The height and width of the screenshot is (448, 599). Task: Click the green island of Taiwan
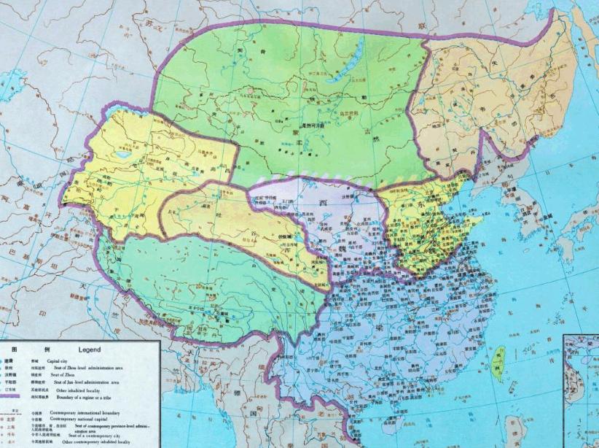[498, 363]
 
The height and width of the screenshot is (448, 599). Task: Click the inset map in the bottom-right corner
[580, 390]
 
